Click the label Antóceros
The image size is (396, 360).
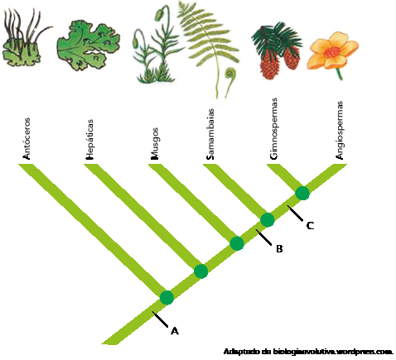(27, 139)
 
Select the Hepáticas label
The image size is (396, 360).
(89, 139)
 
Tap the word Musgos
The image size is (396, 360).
(155, 144)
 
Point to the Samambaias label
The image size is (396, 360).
(210, 134)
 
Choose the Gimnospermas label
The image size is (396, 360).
(273, 129)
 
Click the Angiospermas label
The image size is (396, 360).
(339, 130)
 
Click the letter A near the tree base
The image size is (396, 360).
(175, 330)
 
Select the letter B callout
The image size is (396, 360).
(279, 249)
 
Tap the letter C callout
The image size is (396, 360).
(310, 226)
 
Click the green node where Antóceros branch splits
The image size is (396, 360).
(167, 298)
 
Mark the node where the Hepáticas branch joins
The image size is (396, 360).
(201, 271)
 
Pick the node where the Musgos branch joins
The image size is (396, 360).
(237, 243)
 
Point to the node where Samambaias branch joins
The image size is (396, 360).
(268, 220)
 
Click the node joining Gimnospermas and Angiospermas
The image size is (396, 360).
(302, 193)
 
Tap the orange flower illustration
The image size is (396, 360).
(332, 52)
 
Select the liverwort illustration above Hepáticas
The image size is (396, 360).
(89, 45)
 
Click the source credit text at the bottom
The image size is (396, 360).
(308, 352)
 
